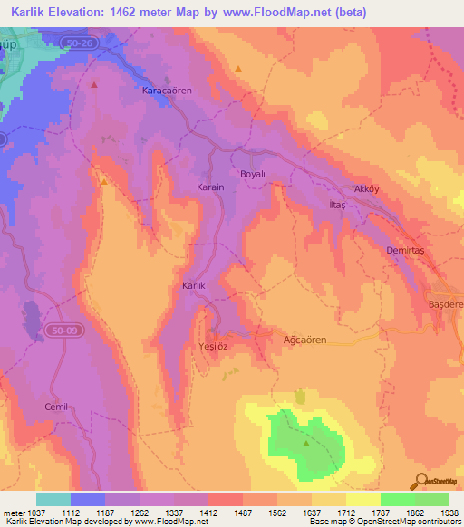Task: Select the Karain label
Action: [210, 187]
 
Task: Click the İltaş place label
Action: [336, 206]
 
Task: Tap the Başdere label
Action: [446, 305]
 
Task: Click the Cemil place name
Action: [57, 407]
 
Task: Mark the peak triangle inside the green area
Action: [305, 444]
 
